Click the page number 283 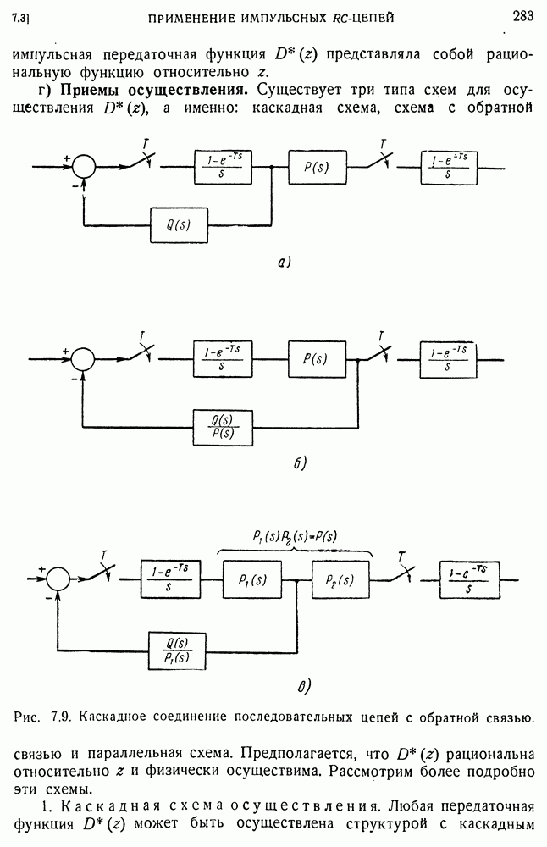tap(522, 14)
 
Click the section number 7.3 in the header tap(22, 16)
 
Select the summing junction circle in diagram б tap(84, 359)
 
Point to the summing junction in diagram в tap(58, 579)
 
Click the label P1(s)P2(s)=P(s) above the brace tap(295, 535)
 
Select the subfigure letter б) tap(298, 464)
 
